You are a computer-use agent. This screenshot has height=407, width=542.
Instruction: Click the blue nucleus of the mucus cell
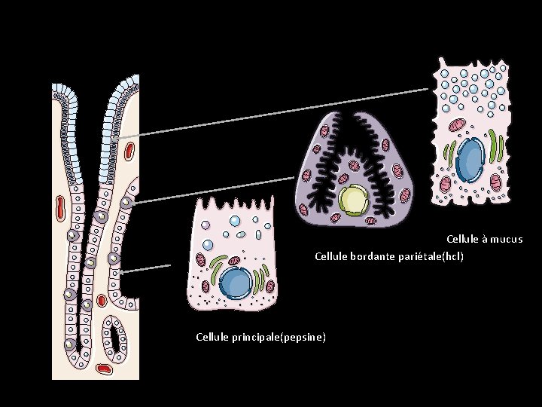[470, 158]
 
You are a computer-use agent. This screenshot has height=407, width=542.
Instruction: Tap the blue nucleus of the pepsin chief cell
[236, 283]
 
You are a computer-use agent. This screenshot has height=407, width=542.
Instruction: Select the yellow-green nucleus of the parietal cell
[352, 200]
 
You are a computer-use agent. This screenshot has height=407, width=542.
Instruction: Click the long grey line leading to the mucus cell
[271, 113]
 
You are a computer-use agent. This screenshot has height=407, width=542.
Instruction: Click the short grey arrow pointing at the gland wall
[147, 268]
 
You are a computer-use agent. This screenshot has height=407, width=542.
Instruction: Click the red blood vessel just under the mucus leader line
[129, 154]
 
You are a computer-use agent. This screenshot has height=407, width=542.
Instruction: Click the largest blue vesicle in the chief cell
[235, 222]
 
